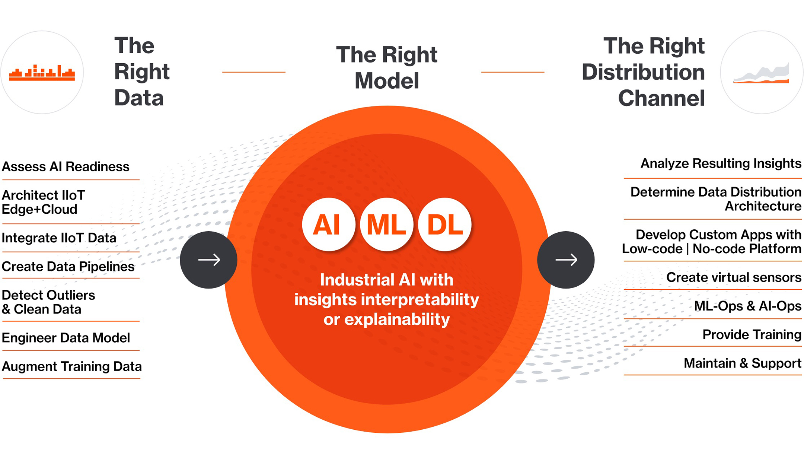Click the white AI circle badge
[328, 225]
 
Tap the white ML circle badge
[386, 225]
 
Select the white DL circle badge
[445, 225]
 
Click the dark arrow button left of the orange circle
[208, 260]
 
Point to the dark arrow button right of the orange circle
[566, 260]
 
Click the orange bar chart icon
[42, 73]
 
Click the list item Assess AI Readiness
[66, 166]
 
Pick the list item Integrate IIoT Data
[59, 238]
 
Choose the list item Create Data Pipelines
[68, 267]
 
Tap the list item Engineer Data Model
[66, 338]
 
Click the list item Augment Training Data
[71, 366]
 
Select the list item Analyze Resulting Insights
[721, 163]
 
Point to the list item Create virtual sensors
[733, 277]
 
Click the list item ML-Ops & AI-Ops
[747, 306]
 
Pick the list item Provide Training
[752, 335]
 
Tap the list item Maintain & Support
[742, 363]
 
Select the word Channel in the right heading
[661, 98]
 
